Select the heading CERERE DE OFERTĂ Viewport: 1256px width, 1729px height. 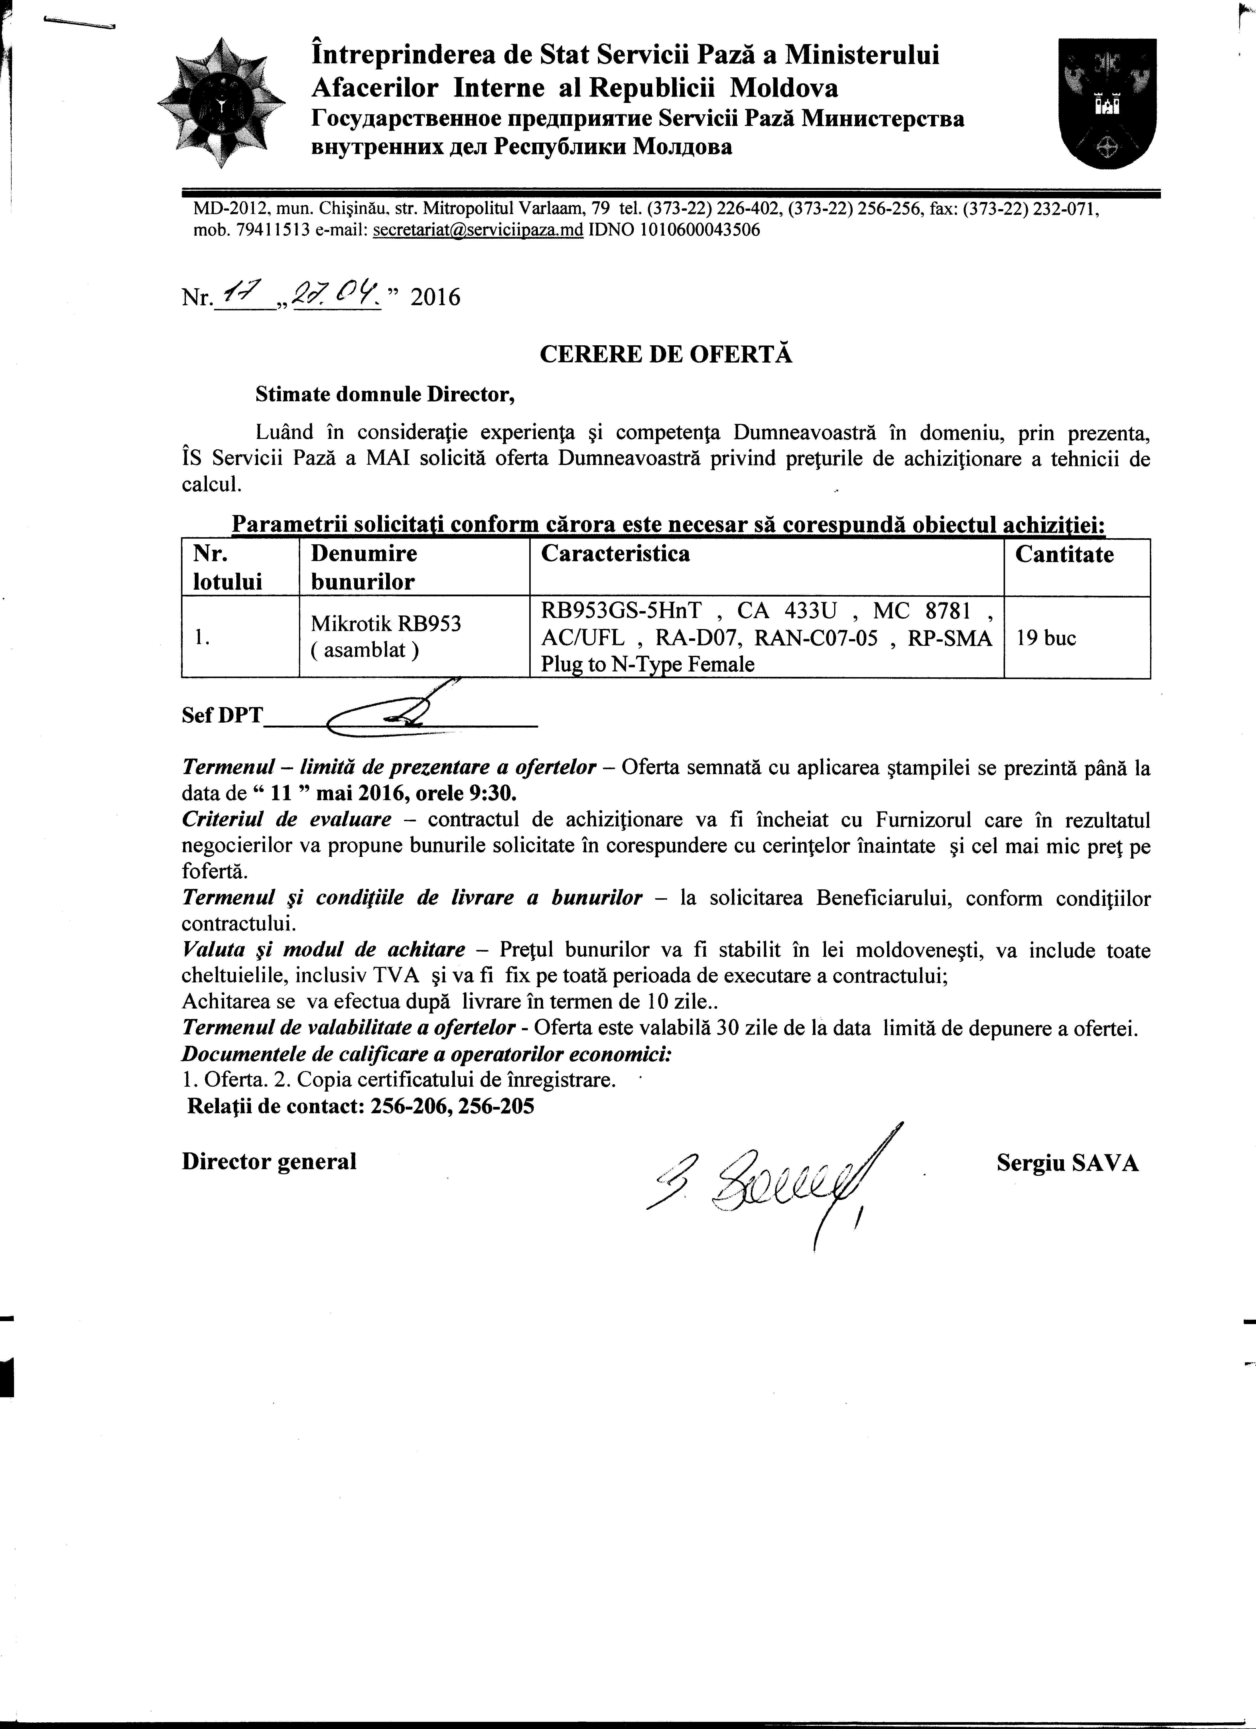coord(666,355)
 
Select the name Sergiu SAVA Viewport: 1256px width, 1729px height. coord(1067,1163)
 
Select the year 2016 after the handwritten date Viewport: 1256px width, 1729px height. coord(435,297)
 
